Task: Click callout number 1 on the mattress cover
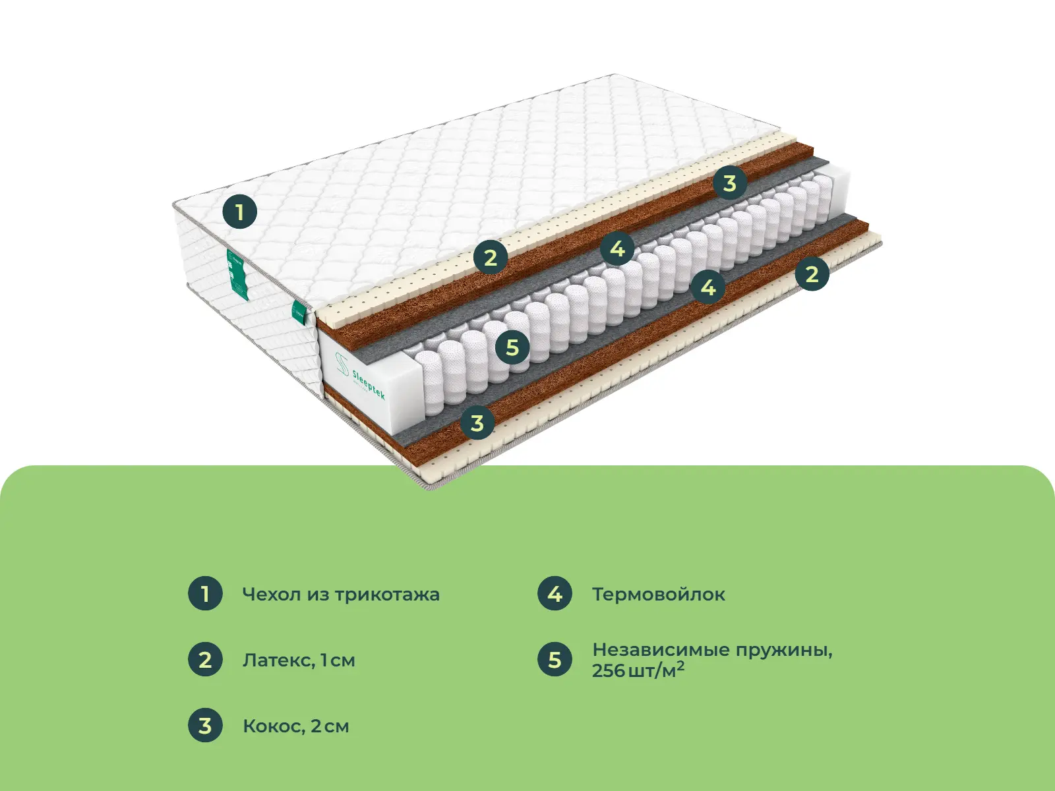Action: pyautogui.click(x=240, y=212)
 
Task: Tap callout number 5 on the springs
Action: pyautogui.click(x=512, y=347)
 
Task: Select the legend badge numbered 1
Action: pyautogui.click(x=205, y=594)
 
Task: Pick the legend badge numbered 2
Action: pyautogui.click(x=205, y=659)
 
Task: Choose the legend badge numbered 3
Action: pyautogui.click(x=205, y=725)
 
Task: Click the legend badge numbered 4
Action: pyautogui.click(x=555, y=594)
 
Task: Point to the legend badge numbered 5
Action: pyautogui.click(x=555, y=659)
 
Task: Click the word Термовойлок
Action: pyautogui.click(x=659, y=595)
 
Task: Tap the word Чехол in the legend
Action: pyautogui.click(x=272, y=595)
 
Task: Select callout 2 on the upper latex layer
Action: pyautogui.click(x=491, y=257)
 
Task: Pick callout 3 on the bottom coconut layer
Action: pyautogui.click(x=477, y=423)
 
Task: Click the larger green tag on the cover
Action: pyautogui.click(x=238, y=274)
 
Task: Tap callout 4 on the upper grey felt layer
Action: pyautogui.click(x=618, y=249)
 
